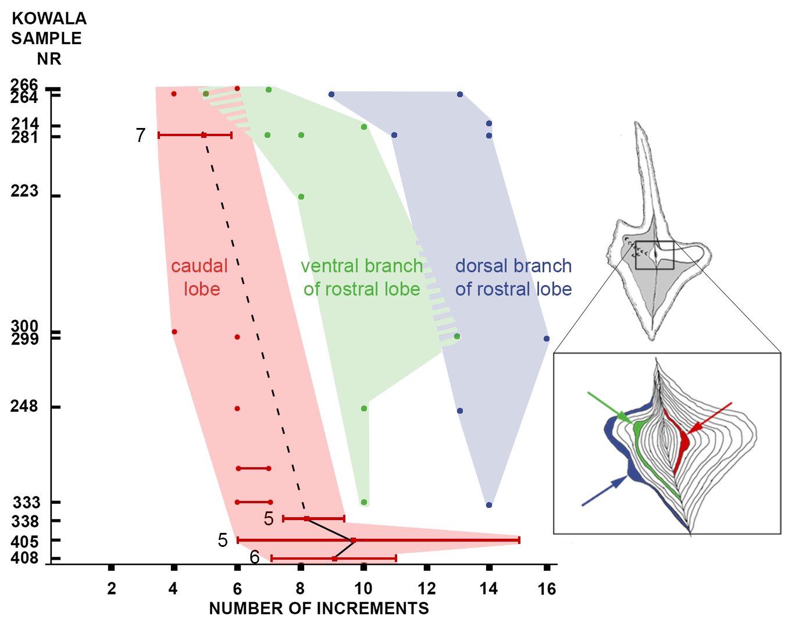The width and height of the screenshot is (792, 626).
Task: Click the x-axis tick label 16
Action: [547, 589]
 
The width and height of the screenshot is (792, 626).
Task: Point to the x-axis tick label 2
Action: [112, 589]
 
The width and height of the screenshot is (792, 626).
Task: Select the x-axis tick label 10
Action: [363, 589]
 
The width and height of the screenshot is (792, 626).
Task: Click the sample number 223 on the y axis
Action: [24, 191]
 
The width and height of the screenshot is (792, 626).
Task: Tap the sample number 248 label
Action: [24, 406]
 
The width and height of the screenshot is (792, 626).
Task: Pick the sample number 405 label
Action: [24, 542]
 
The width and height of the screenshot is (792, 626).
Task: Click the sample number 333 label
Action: [27, 503]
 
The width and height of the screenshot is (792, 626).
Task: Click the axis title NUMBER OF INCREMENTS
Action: [319, 609]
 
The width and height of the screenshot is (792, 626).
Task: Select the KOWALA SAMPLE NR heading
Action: [49, 38]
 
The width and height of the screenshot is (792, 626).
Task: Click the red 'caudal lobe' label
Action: [199, 278]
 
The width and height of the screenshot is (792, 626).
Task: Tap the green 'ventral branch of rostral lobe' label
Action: [362, 278]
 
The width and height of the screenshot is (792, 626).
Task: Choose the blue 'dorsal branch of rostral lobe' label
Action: [513, 278]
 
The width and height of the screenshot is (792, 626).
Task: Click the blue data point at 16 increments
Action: [547, 339]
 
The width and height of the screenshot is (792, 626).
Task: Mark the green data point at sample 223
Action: [301, 197]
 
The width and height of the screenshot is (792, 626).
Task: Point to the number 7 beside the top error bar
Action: [140, 135]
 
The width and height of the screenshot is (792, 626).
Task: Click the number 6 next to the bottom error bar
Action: [254, 557]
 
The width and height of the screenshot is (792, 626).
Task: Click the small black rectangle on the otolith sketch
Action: [654, 255]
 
